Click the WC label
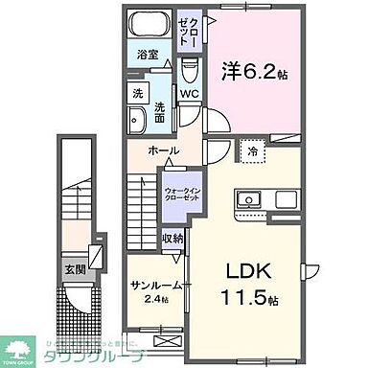[188, 94]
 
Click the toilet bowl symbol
[190, 68]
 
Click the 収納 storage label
[172, 239]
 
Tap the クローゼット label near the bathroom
[190, 34]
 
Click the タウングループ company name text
[94, 356]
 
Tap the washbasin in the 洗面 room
[138, 119]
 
